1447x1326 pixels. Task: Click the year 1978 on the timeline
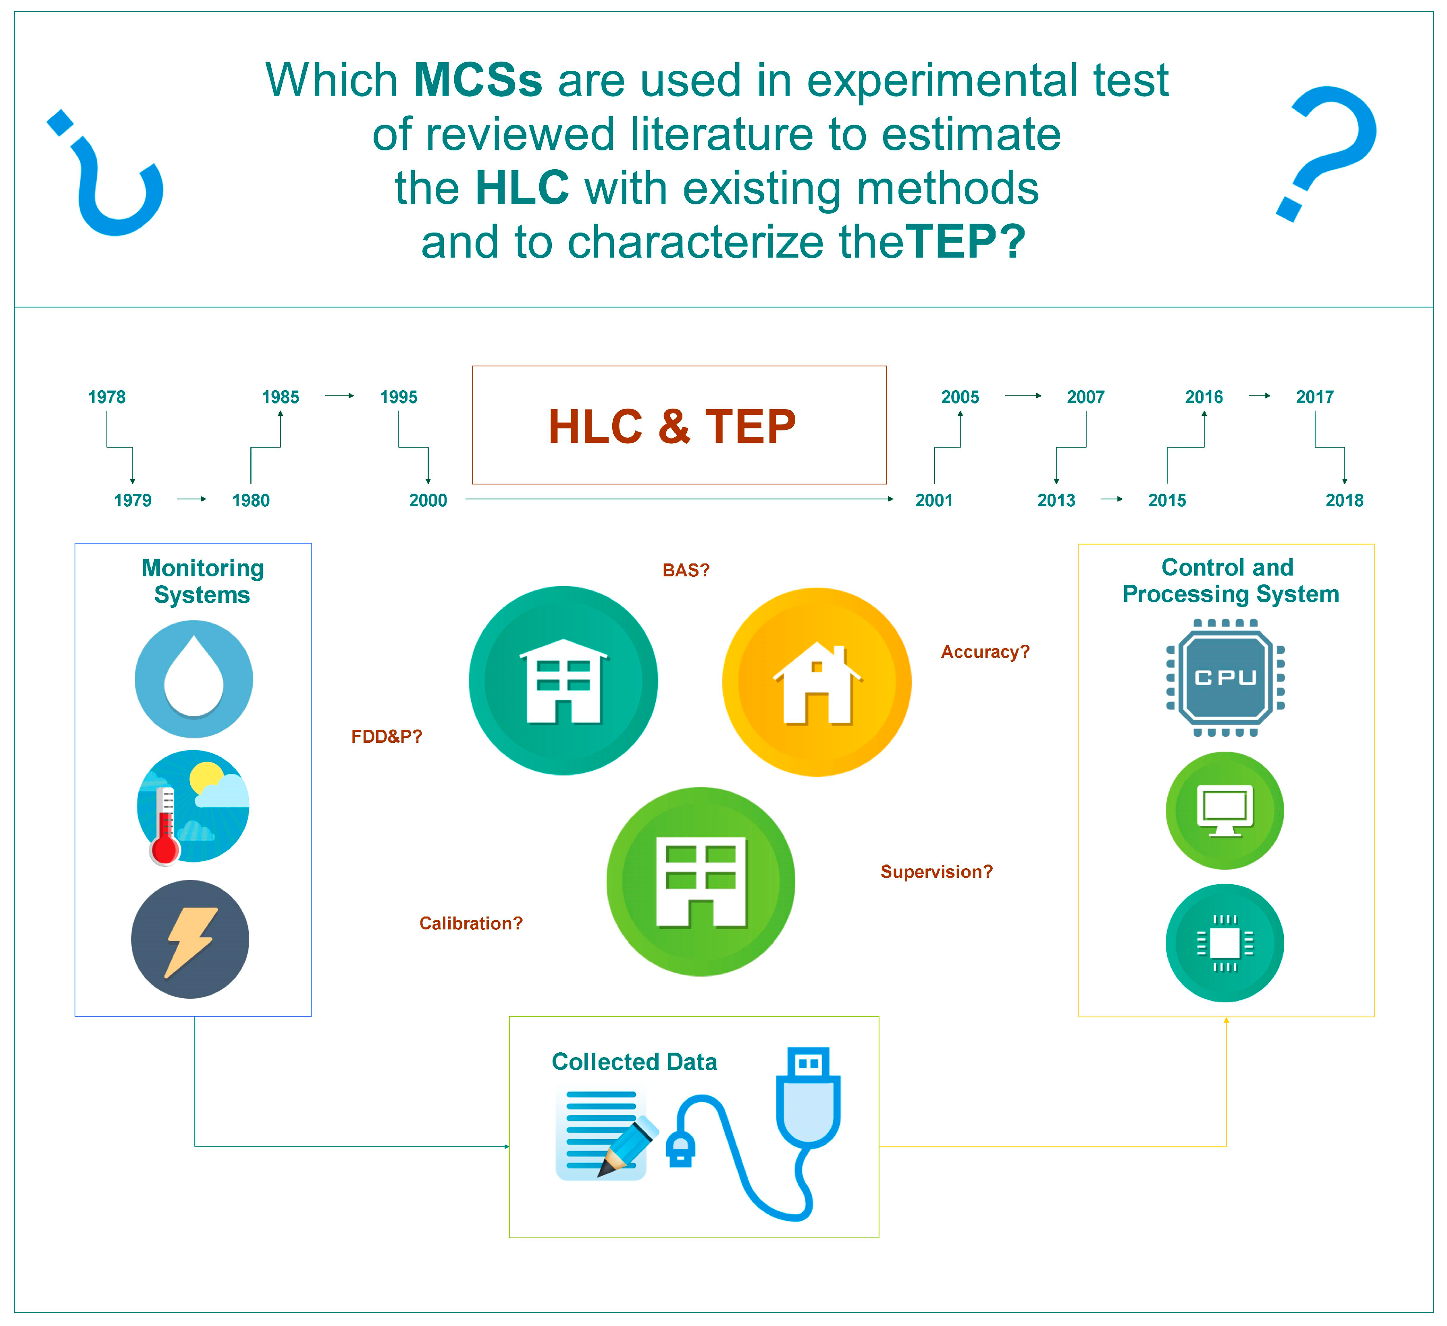coord(106,397)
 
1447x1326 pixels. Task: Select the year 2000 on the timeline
coord(428,500)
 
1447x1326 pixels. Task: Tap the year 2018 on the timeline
coord(1344,500)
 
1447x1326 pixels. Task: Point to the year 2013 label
coord(1056,500)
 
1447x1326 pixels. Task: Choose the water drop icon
coord(194,679)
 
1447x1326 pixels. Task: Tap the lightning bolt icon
coord(190,939)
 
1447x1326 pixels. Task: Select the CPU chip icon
coord(1225,678)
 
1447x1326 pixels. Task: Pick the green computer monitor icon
coord(1225,811)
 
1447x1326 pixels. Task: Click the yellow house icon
coord(817,682)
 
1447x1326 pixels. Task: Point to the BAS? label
coord(686,570)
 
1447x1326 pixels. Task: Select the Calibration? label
coord(471,923)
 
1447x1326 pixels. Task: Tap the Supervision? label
coord(937,872)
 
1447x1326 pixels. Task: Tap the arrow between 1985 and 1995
coord(339,395)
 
